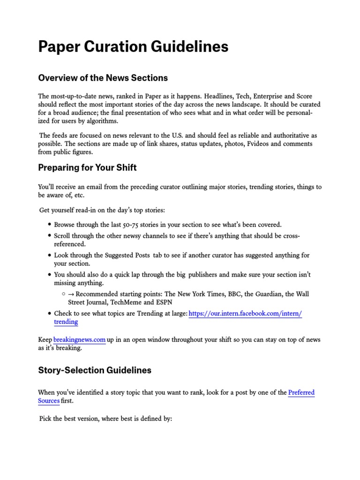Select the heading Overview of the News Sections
click(103, 78)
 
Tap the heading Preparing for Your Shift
click(87, 167)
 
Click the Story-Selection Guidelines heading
click(95, 370)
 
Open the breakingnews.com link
click(79, 339)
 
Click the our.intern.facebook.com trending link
click(245, 313)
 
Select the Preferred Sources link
click(301, 393)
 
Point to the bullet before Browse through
click(49, 225)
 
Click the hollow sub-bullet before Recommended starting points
click(63, 294)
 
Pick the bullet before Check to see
click(49, 314)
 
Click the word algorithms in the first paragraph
click(102, 121)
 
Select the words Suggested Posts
click(128, 255)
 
